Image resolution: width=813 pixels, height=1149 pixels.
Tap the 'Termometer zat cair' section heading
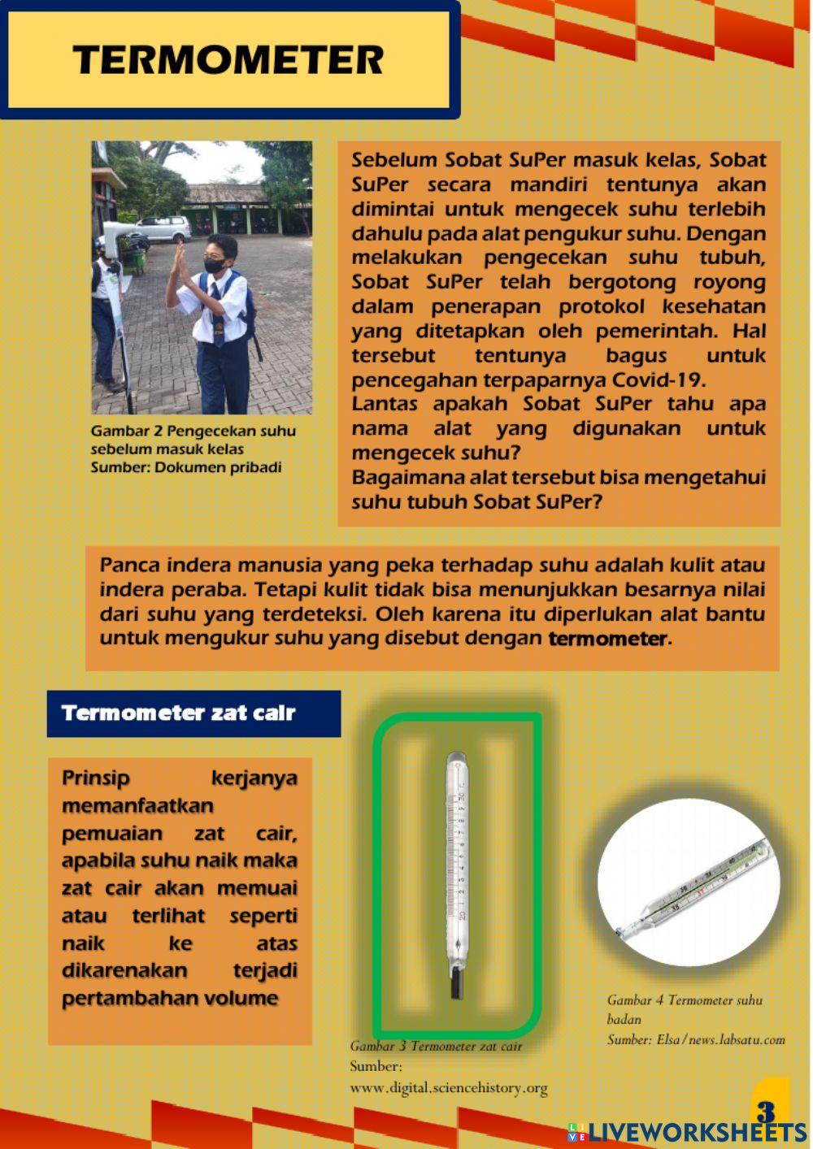coord(178,713)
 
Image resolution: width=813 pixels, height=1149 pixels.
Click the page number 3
coord(766,1111)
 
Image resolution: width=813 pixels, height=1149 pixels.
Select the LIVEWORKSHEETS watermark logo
coord(687,1132)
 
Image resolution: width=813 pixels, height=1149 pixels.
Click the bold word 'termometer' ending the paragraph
coord(607,638)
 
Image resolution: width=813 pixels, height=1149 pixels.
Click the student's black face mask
coord(215,264)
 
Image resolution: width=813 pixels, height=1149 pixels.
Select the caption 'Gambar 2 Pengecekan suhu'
coord(193,431)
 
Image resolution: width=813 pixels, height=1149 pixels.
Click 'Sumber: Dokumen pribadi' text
coord(186,467)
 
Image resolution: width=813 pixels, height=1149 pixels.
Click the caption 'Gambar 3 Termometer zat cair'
coord(436,1046)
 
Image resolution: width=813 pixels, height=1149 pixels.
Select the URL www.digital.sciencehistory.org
coord(448,1087)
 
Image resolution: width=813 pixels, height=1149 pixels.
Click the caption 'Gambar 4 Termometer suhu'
coord(685,999)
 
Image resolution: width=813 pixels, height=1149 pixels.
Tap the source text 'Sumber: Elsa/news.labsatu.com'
coord(696,1039)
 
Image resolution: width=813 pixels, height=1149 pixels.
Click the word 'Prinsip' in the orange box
coord(96,778)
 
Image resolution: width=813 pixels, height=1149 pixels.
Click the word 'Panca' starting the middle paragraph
coord(129,565)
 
